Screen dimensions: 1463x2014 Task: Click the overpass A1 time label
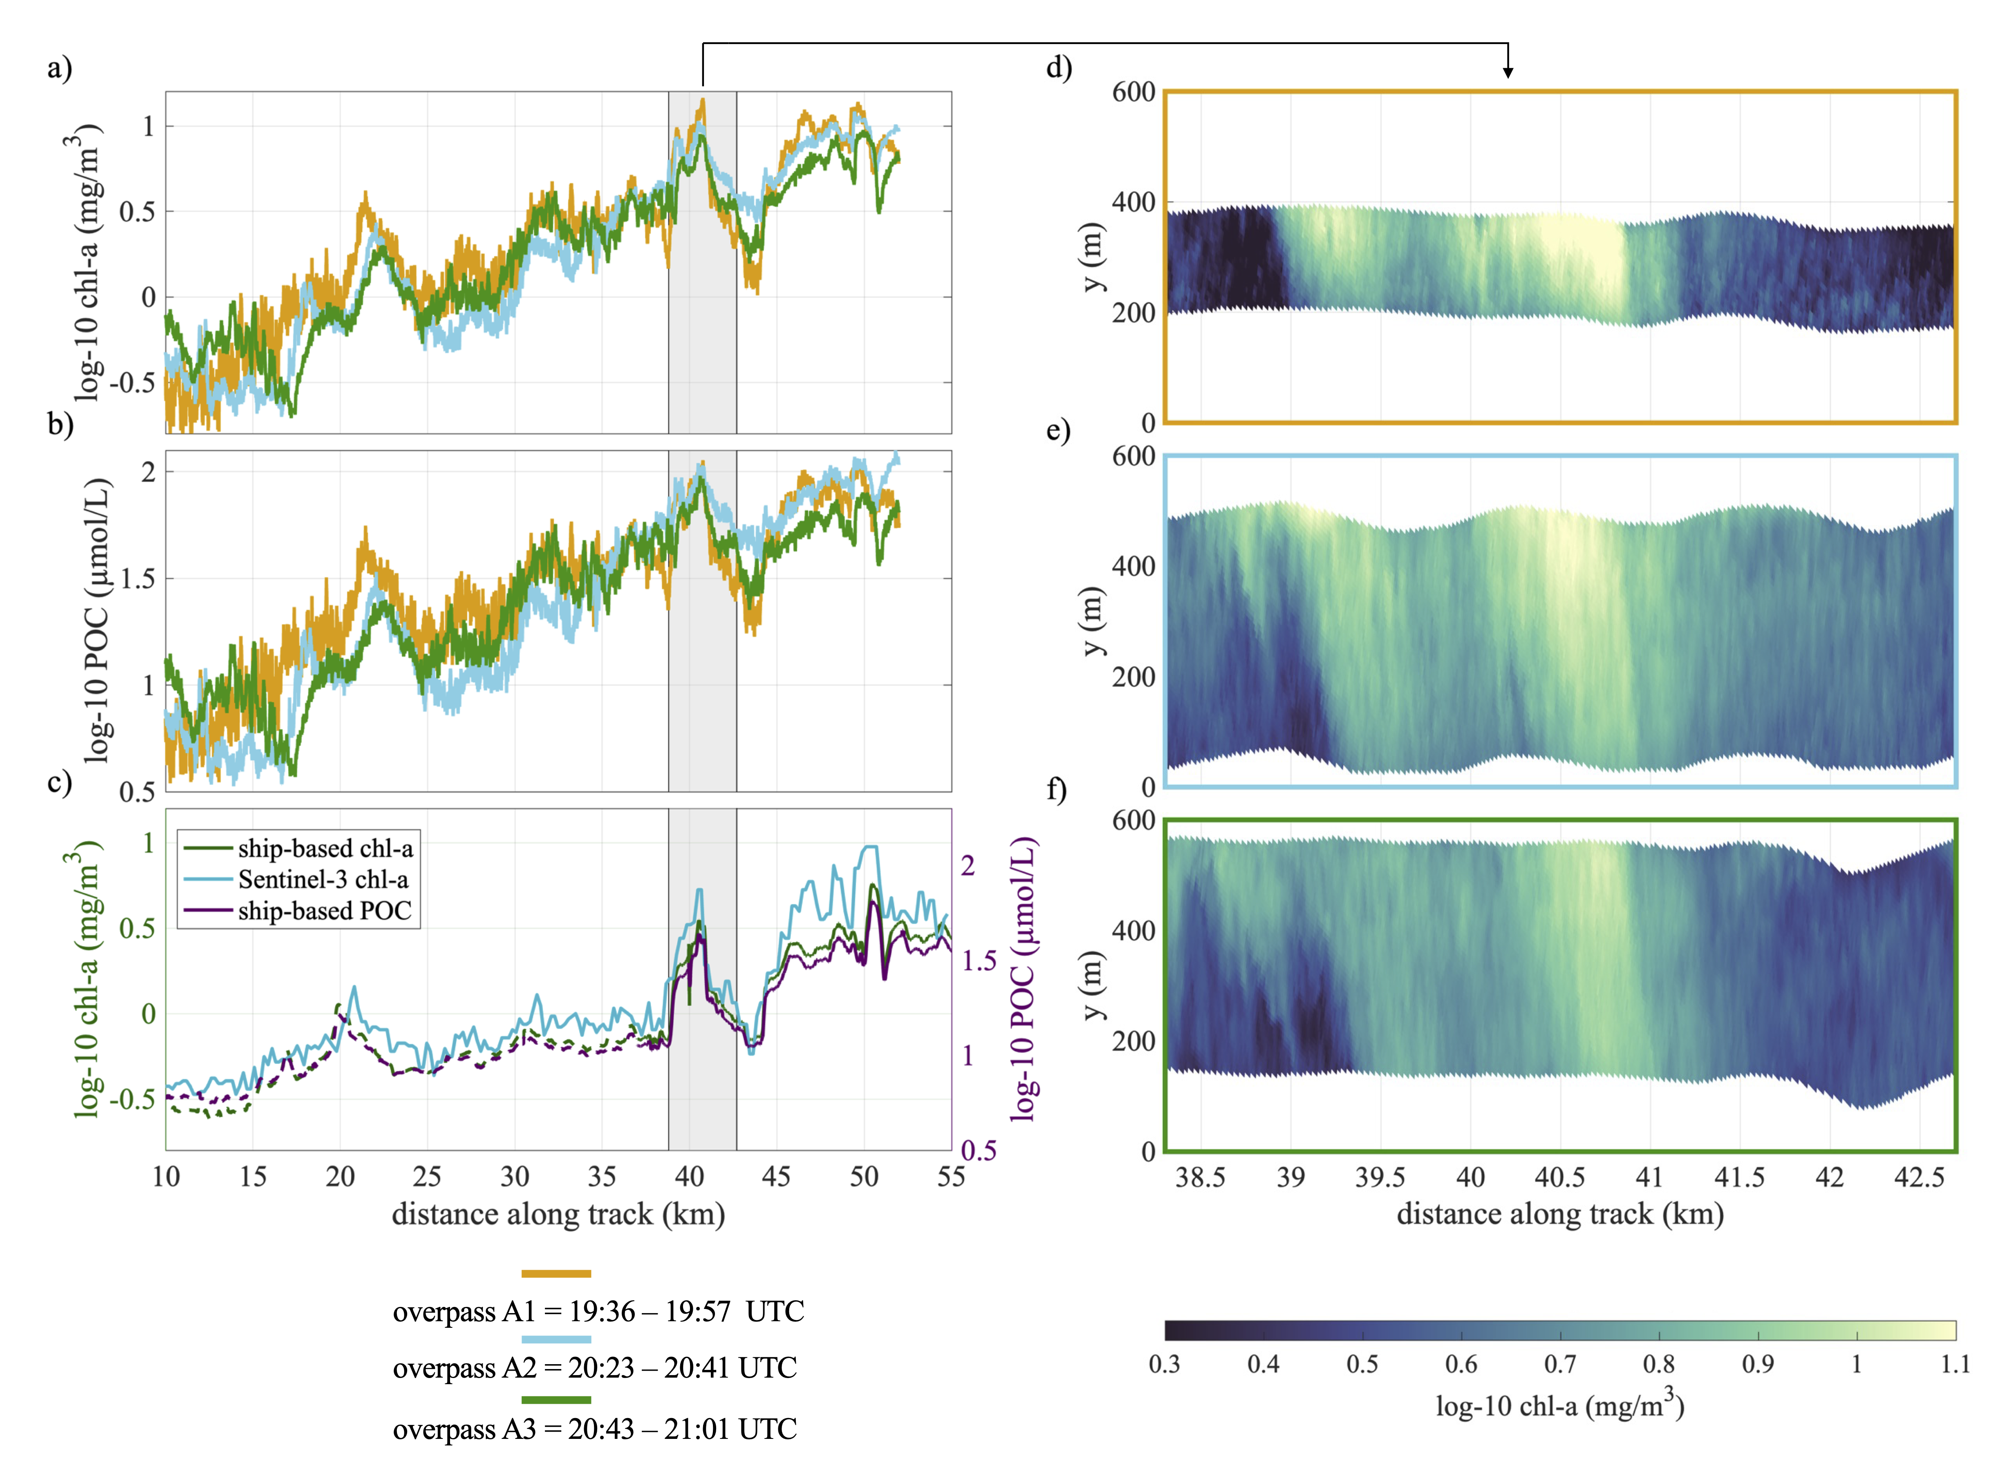coord(598,1311)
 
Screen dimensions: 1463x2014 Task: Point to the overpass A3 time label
coord(594,1428)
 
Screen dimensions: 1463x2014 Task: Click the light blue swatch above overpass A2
coord(556,1339)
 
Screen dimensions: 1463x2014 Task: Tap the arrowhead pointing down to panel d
coord(1508,73)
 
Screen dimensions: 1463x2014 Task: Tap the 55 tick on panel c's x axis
coord(951,1177)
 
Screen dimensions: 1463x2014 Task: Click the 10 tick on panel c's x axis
coord(166,1177)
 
